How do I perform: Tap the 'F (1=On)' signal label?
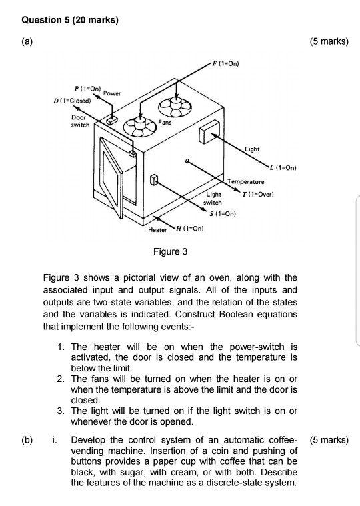click(x=225, y=64)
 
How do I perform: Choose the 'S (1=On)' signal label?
click(x=223, y=213)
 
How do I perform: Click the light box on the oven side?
click(x=208, y=131)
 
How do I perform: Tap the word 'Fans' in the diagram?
click(x=165, y=123)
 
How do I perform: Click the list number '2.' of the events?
click(x=61, y=379)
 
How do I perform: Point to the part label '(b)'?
click(x=26, y=441)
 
